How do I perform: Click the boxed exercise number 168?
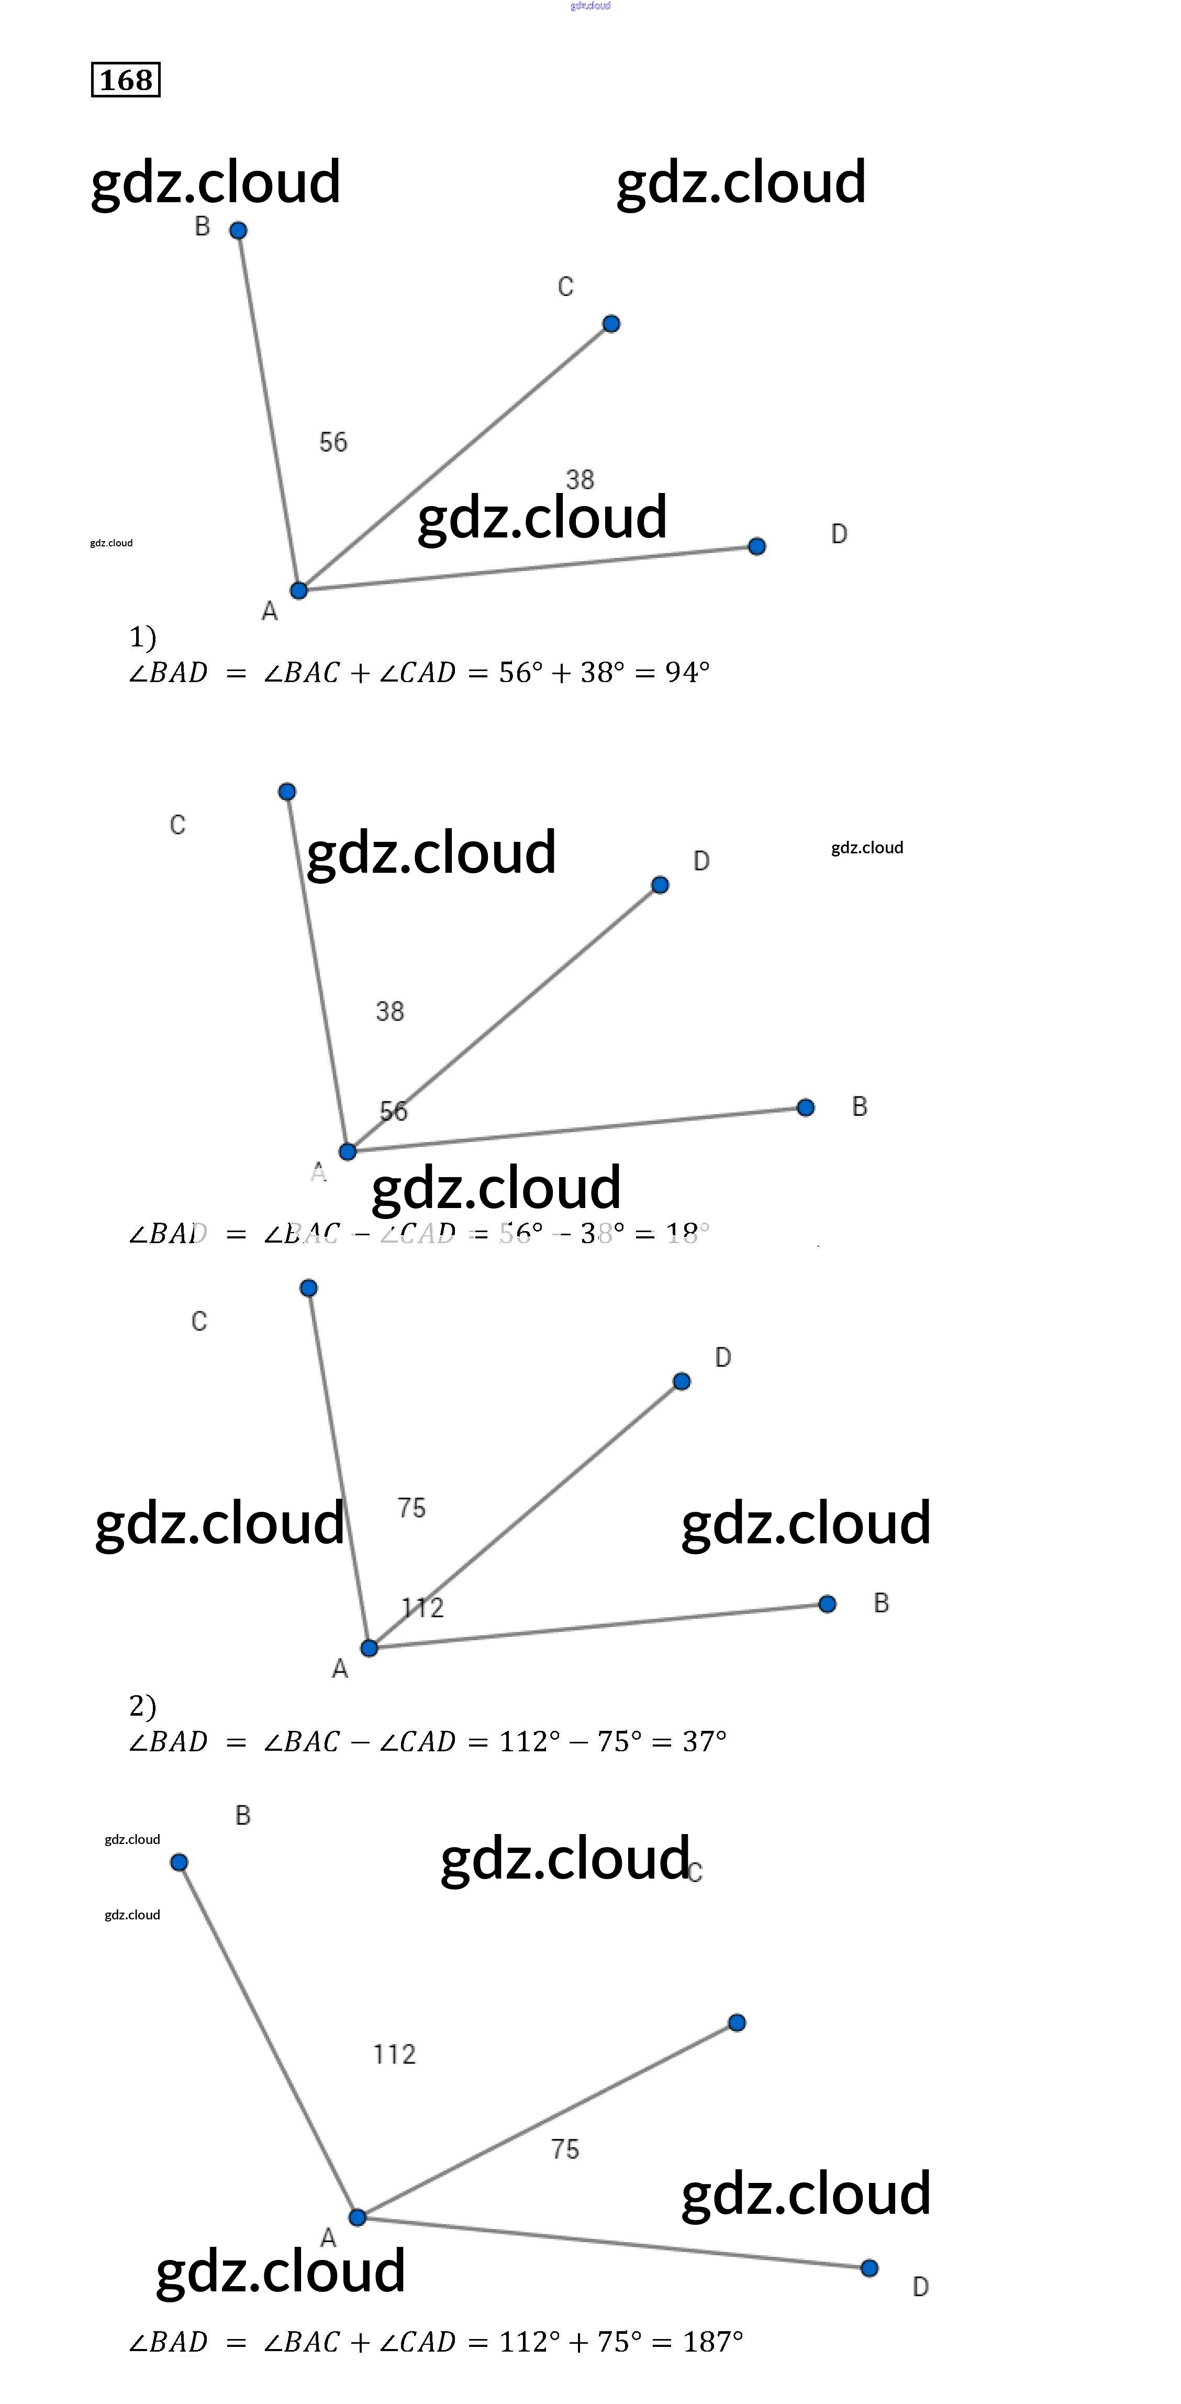126,80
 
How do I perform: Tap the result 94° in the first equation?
687,672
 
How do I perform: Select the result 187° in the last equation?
712,2342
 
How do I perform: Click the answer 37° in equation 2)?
704,1741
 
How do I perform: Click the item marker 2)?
143,1706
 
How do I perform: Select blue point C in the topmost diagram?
611,324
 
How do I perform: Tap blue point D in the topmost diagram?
757,546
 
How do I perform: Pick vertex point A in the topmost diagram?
298,590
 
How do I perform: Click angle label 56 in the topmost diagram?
333,442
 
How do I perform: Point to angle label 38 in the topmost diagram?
580,480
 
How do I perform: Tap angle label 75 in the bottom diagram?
565,2149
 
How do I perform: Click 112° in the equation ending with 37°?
529,1741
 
